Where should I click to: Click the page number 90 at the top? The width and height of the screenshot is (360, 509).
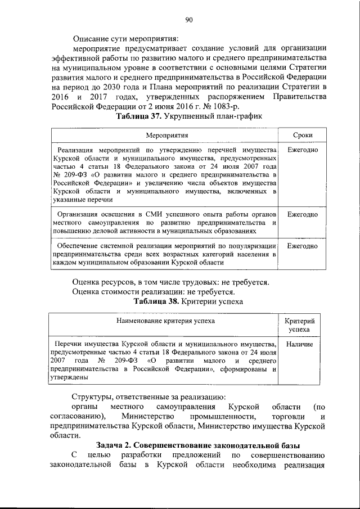[189, 21]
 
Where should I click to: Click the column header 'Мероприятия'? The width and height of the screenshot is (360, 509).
[166, 136]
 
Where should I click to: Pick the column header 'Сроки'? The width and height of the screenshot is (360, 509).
[303, 136]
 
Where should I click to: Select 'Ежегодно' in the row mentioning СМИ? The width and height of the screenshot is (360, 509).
[303, 215]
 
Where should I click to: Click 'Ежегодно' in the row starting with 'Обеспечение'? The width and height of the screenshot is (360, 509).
[303, 246]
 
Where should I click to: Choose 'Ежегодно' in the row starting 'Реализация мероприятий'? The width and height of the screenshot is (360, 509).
[303, 151]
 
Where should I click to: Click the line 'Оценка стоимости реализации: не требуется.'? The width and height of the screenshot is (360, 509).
[154, 291]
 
